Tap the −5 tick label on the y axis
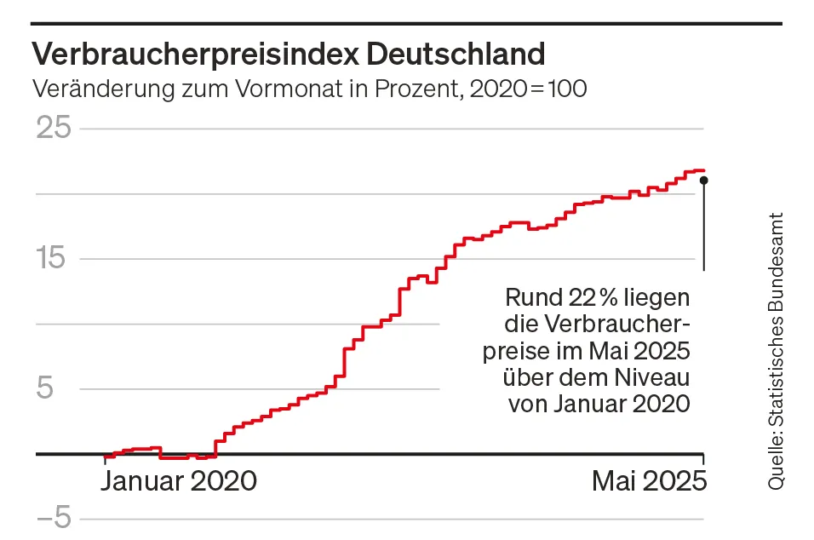pyautogui.click(x=50, y=519)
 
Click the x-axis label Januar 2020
pyautogui.click(x=178, y=481)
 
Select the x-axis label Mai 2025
pyautogui.click(x=649, y=481)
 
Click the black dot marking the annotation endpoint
pyautogui.click(x=703, y=180)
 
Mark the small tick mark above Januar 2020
pyautogui.click(x=106, y=460)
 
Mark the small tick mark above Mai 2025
pyautogui.click(x=704, y=460)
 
